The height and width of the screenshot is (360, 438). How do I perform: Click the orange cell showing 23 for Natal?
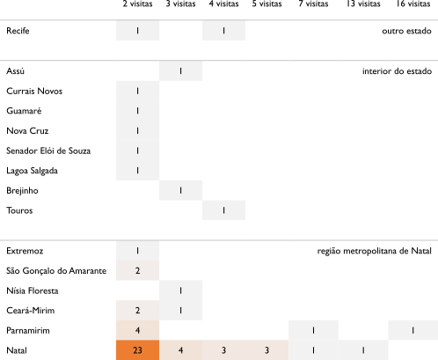click(137, 350)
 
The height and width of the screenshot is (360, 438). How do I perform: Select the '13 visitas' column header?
click(363, 4)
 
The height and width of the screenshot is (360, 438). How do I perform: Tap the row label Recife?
click(18, 31)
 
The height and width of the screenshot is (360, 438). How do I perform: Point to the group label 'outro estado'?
click(406, 31)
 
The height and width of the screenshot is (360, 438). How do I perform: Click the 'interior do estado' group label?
click(397, 71)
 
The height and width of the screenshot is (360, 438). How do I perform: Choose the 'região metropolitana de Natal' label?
click(375, 251)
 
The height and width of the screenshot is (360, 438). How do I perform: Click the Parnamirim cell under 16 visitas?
click(412, 330)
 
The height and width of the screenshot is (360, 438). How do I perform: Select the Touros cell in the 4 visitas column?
click(223, 210)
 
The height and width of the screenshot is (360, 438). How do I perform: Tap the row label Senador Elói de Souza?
click(48, 151)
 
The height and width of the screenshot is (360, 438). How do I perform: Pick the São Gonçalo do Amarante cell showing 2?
click(137, 270)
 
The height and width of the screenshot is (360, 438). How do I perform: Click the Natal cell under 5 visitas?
click(266, 350)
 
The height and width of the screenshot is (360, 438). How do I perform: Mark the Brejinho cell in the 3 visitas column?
click(180, 190)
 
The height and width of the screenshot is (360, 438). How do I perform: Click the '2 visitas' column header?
click(137, 4)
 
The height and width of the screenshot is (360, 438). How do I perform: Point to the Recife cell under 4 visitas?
click(223, 31)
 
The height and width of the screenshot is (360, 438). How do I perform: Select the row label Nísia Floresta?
click(33, 290)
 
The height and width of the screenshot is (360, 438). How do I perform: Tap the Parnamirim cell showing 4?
click(137, 330)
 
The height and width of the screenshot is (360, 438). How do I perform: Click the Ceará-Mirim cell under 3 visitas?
click(180, 311)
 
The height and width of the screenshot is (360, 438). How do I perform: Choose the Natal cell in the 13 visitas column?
click(363, 350)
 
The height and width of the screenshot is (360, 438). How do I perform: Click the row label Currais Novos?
click(34, 91)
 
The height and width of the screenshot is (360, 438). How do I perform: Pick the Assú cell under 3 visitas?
click(180, 70)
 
